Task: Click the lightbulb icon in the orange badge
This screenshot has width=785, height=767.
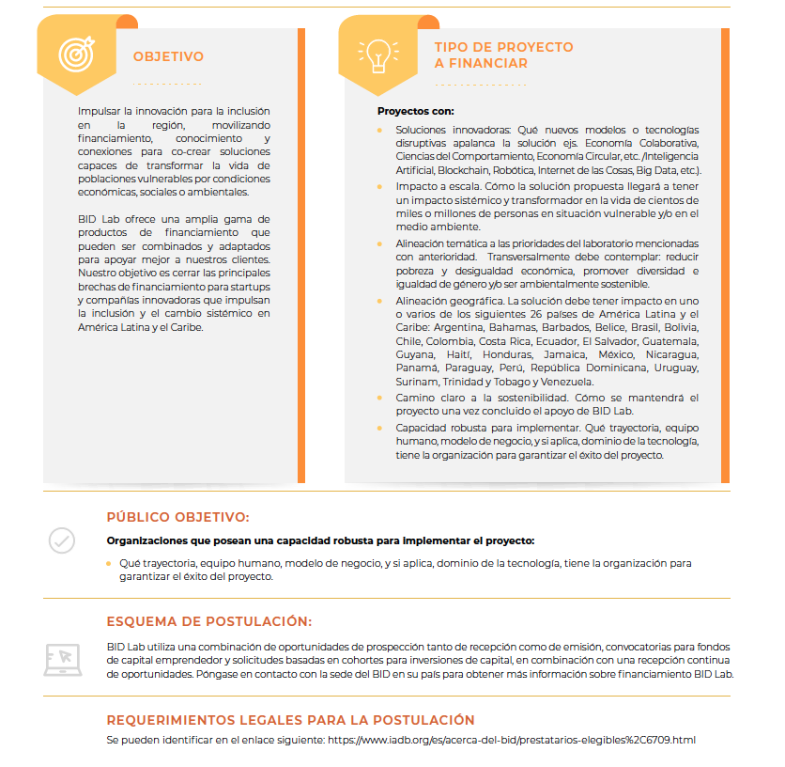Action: tap(377, 54)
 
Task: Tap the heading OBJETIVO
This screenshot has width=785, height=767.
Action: tap(168, 56)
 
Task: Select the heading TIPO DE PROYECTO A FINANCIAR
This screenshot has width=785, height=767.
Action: tap(503, 55)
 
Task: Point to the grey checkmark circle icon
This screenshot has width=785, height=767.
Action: tap(62, 540)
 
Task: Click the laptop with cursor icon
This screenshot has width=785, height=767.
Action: tap(62, 660)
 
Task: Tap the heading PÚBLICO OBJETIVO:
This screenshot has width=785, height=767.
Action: tap(177, 517)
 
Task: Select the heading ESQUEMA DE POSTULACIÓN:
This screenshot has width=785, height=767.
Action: tap(208, 621)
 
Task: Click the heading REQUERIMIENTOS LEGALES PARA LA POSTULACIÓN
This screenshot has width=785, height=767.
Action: tap(290, 720)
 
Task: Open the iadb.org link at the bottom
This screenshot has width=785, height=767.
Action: tap(512, 740)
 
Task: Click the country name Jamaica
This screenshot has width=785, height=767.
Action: tap(562, 354)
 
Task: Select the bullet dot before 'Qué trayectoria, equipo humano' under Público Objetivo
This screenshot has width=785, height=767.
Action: tap(109, 563)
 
